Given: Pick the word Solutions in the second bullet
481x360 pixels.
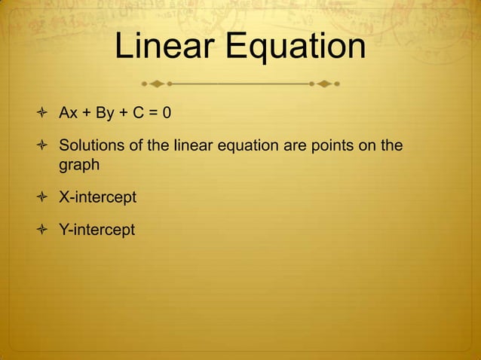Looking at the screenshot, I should pos(89,144).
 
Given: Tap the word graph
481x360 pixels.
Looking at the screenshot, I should pos(79,165).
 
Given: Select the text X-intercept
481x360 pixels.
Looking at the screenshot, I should pos(98,197).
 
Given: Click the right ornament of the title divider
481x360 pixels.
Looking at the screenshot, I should pos(325,81).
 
